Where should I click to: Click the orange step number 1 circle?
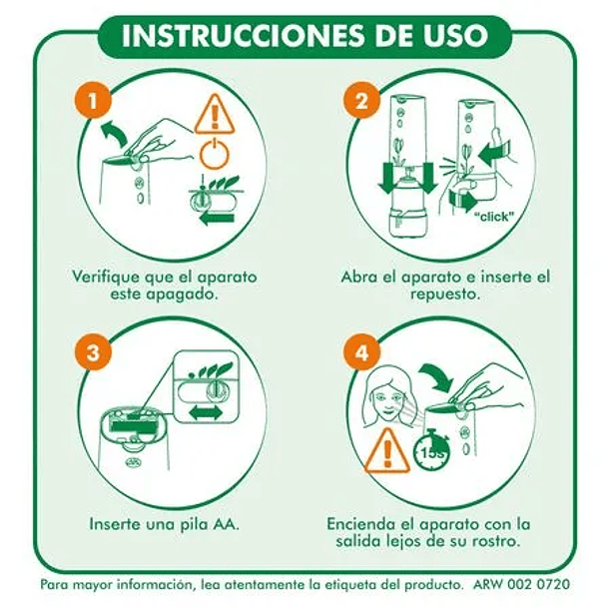click(x=93, y=100)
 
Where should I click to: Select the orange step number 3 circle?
click(x=93, y=353)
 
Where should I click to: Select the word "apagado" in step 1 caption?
click(x=178, y=297)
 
